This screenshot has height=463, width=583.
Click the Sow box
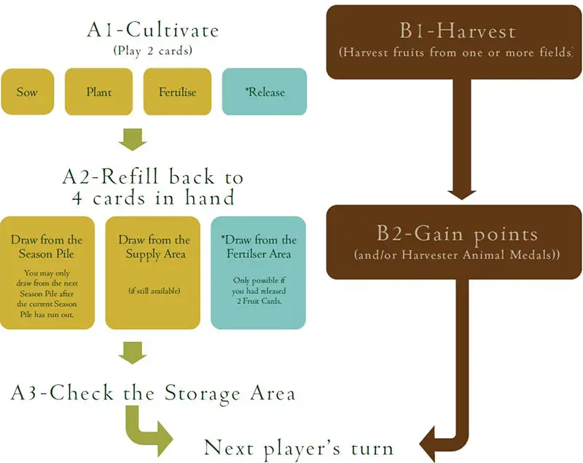click(28, 92)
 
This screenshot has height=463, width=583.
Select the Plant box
click(98, 92)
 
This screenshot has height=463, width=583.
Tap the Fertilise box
click(177, 92)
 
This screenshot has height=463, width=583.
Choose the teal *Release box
click(264, 92)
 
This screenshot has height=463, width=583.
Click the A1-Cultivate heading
click(152, 32)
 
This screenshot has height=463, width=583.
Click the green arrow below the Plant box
click(133, 139)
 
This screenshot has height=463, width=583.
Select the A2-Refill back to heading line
click(152, 177)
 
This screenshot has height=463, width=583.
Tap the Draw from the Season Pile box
click(47, 272)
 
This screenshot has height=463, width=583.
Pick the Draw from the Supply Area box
click(152, 272)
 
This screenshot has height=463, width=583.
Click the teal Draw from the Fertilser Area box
click(258, 272)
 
